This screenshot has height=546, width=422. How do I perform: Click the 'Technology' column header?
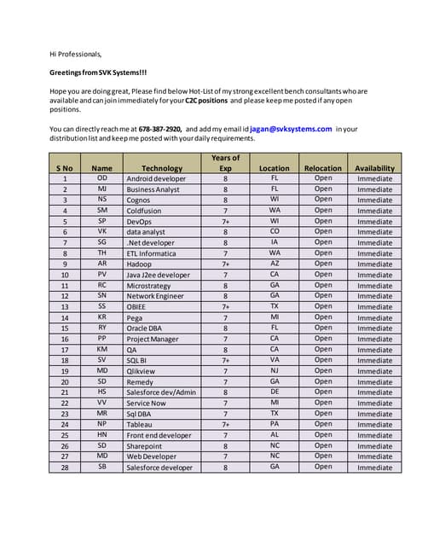(x=162, y=168)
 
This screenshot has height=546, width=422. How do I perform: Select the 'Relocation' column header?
(x=323, y=168)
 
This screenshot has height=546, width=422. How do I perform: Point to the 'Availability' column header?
(x=374, y=168)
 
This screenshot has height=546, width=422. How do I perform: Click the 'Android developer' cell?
(x=156, y=179)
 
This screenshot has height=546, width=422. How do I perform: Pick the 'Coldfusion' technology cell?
(x=143, y=211)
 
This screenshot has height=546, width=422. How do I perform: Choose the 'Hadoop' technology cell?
(x=140, y=264)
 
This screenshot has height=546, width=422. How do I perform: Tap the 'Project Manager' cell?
(x=153, y=339)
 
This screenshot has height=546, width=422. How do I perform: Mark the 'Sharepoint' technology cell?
(x=144, y=445)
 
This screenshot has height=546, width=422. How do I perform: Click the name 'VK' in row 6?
(x=102, y=232)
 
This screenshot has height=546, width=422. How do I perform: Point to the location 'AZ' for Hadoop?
(x=275, y=264)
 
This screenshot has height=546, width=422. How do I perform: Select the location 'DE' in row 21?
(x=275, y=392)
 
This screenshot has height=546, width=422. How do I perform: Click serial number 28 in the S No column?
(x=65, y=468)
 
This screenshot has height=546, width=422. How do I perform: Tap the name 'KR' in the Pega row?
(x=102, y=317)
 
